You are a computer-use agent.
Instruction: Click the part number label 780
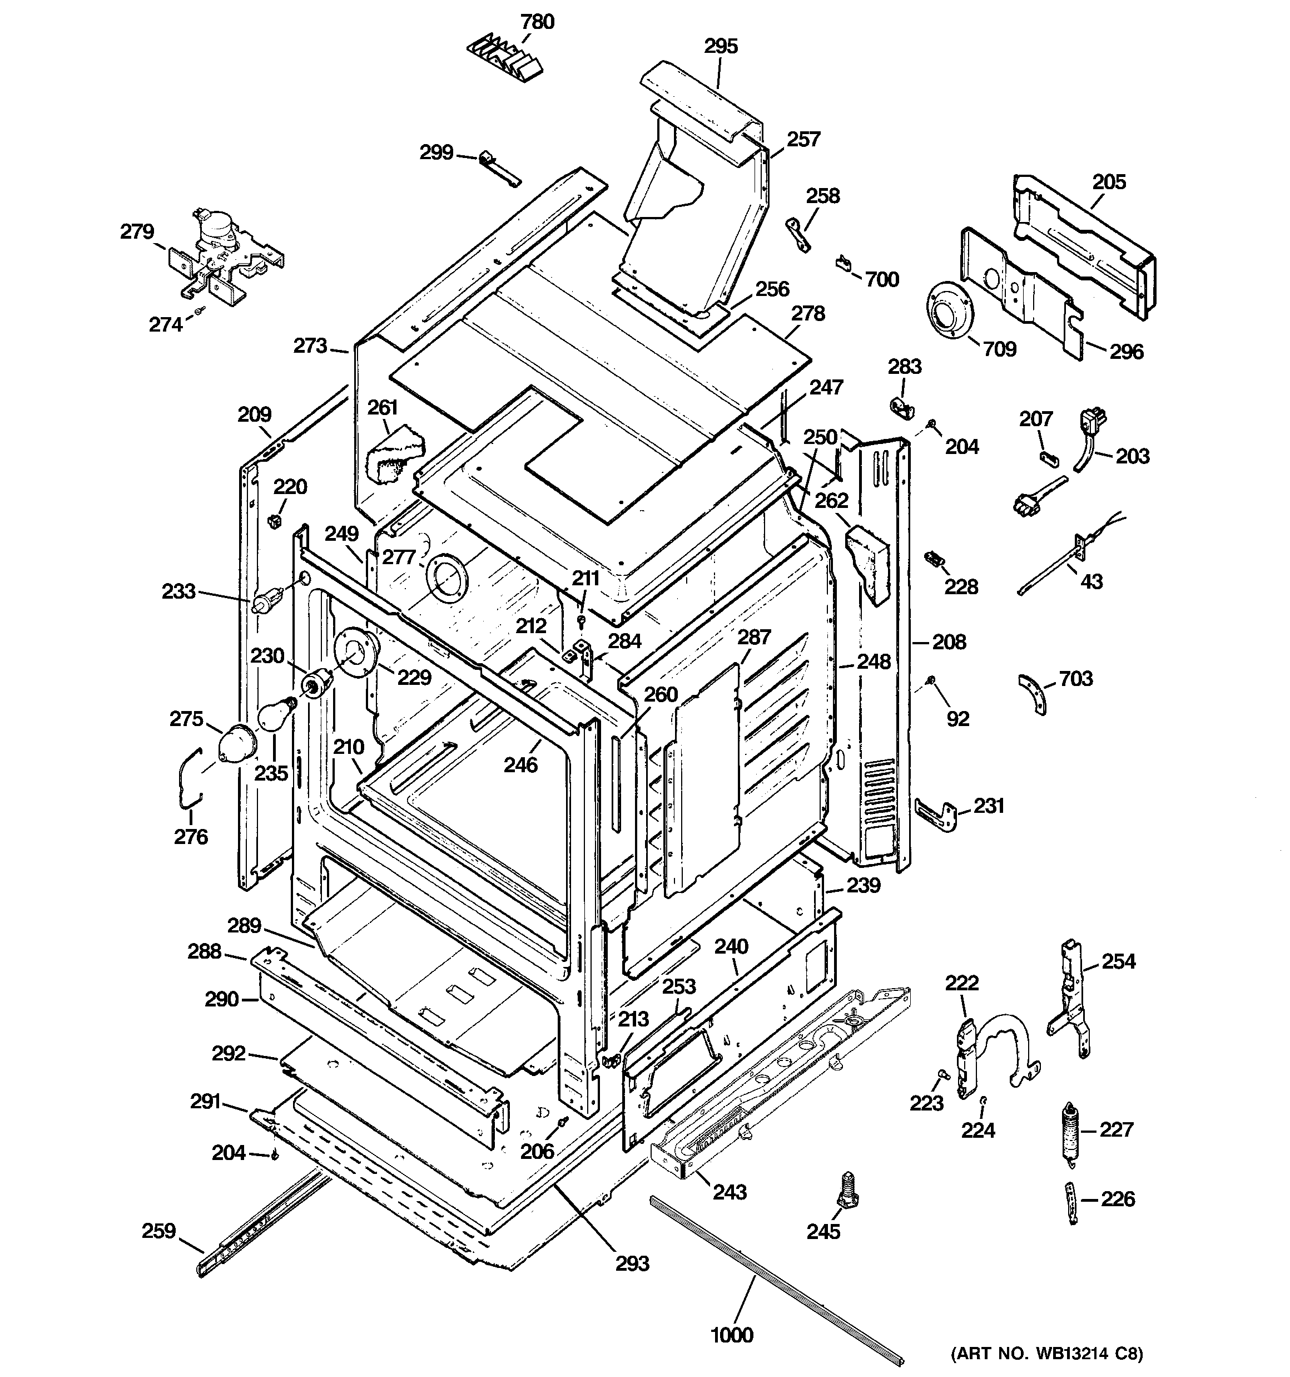point(537,22)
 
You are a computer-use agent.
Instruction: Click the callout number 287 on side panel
point(753,636)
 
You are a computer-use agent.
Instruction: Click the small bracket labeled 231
point(940,815)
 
